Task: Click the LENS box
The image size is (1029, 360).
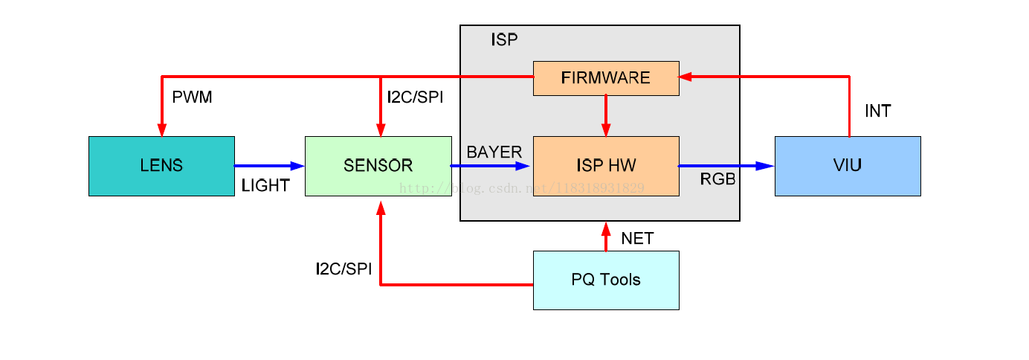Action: pos(161,166)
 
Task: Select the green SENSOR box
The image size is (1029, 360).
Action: pos(378,166)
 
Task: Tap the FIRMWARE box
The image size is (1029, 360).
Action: pos(606,78)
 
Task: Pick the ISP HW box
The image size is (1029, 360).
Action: pos(606,166)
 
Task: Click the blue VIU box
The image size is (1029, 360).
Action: pos(848,166)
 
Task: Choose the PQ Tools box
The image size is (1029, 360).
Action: pos(606,280)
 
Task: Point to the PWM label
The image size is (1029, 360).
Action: pos(192,97)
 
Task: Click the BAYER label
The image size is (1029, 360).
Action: pos(494,152)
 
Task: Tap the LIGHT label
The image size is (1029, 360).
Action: pos(265,186)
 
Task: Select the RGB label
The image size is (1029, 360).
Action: pos(717,179)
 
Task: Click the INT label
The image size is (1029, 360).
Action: pos(877,112)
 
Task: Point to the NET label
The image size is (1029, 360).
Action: pos(637,239)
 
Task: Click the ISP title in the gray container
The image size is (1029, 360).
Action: pos(504,40)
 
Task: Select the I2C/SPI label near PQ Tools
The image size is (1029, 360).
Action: pos(343,269)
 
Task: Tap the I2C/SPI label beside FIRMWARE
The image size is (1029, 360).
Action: pos(415,97)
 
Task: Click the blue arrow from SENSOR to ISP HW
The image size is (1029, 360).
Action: pos(491,166)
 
